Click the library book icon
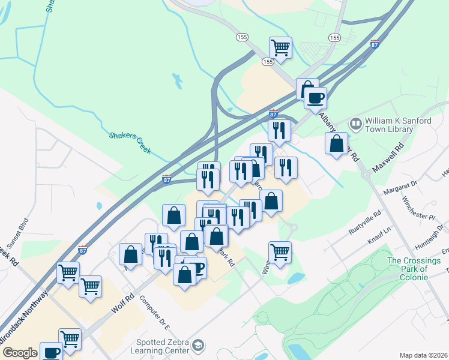[356, 124]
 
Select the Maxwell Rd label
[388, 158]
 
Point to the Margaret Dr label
[402, 187]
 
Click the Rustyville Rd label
[364, 222]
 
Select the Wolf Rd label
[121, 305]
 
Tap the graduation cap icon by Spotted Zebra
[198, 346]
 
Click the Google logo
[20, 353]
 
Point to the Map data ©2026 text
[423, 355]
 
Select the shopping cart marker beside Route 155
[280, 47]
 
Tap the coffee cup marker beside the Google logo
[52, 352]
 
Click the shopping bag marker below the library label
[337, 143]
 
